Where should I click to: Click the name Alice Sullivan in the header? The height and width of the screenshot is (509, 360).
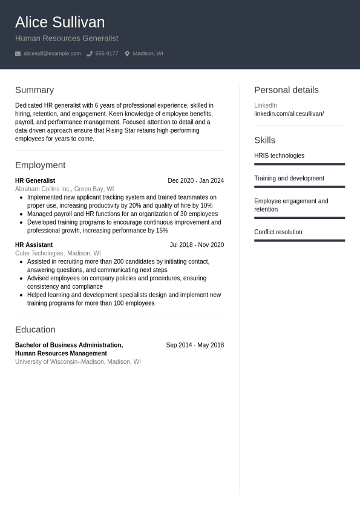pyautogui.click(x=60, y=22)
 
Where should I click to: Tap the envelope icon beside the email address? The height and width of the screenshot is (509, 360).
pyautogui.click(x=18, y=54)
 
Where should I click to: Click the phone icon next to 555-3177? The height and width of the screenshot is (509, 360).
pyautogui.click(x=90, y=54)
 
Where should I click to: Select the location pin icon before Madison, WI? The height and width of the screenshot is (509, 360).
pyautogui.click(x=127, y=54)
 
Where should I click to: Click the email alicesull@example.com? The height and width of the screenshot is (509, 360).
pyautogui.click(x=52, y=54)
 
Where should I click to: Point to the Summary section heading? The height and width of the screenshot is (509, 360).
pyautogui.click(x=34, y=90)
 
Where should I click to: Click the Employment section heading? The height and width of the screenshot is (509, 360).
pyautogui.click(x=40, y=165)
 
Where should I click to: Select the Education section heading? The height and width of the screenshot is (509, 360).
pyautogui.click(x=35, y=329)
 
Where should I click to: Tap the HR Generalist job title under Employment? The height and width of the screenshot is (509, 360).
pyautogui.click(x=35, y=180)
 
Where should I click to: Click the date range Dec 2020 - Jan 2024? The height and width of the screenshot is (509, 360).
pyautogui.click(x=195, y=180)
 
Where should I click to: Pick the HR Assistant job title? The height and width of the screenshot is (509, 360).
pyautogui.click(x=34, y=245)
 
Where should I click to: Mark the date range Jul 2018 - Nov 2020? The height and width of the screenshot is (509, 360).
pyautogui.click(x=197, y=245)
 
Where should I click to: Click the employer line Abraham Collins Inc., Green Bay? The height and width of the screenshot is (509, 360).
pyautogui.click(x=64, y=189)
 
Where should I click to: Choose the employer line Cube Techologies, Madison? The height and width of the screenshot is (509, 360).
pyautogui.click(x=57, y=254)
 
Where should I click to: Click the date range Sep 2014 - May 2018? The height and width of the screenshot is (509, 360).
pyautogui.click(x=195, y=345)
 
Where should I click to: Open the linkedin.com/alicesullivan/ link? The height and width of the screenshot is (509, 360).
pyautogui.click(x=289, y=114)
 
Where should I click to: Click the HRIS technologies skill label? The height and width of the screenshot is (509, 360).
pyautogui.click(x=279, y=156)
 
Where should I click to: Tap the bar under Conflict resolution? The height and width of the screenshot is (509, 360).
pyautogui.click(x=299, y=240)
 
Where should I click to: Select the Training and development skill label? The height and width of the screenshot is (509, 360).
pyautogui.click(x=289, y=179)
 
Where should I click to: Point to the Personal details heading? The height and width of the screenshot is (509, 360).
pyautogui.click(x=286, y=90)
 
